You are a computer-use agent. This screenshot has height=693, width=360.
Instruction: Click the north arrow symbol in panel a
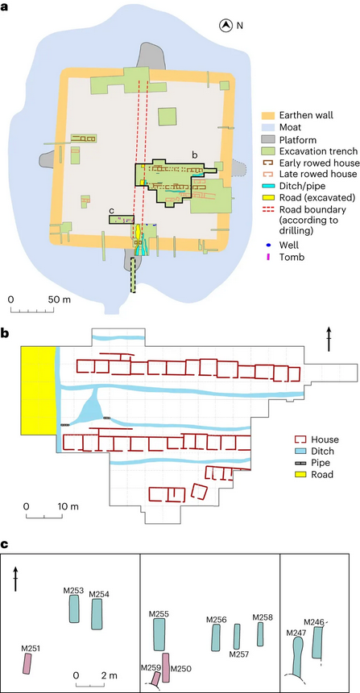point(226,26)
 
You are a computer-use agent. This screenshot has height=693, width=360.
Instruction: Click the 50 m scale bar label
point(60,299)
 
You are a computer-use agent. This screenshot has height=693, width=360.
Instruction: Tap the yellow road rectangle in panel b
point(38,390)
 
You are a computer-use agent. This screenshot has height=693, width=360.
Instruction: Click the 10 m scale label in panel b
point(67,505)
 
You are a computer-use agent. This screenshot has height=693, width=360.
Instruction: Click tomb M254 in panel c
point(97,614)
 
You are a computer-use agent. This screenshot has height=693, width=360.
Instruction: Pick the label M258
point(263,617)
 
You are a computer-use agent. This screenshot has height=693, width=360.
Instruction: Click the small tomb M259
point(155,678)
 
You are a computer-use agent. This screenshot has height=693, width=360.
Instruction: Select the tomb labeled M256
point(215,638)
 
